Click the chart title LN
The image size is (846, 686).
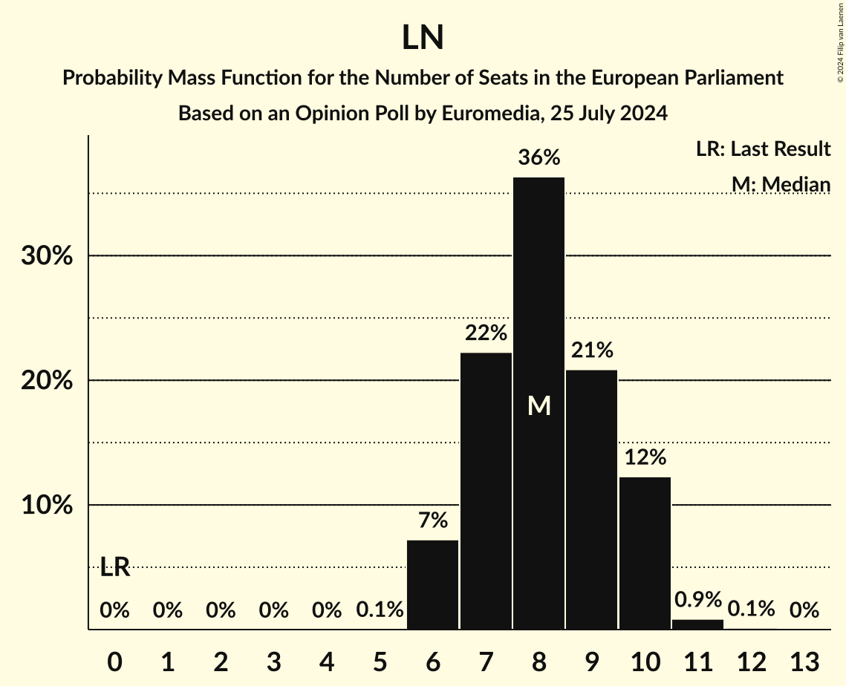[x=423, y=38]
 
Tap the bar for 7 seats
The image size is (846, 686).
[x=486, y=490]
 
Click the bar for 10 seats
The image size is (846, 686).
[x=645, y=553]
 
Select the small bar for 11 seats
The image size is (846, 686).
[x=697, y=624]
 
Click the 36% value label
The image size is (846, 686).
[x=538, y=157]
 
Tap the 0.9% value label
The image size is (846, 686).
[x=697, y=599]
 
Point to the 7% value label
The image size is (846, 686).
[x=433, y=520]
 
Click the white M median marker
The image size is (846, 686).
[x=538, y=405]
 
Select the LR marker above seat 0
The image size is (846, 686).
[x=115, y=568]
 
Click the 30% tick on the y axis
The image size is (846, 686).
[x=46, y=256]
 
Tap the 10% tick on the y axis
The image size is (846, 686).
[x=46, y=506]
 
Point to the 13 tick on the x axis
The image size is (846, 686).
[x=804, y=661]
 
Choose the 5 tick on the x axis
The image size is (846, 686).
[x=380, y=661]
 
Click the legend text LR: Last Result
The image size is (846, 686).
[x=763, y=149]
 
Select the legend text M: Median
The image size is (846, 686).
[x=780, y=184]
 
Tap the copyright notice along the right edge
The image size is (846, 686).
[x=839, y=41]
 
